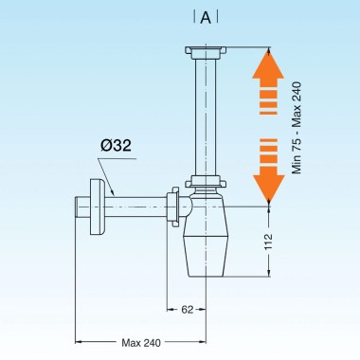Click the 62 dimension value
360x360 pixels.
pyautogui.click(x=188, y=308)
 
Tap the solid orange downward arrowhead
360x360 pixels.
pyautogui.click(x=269, y=188)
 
